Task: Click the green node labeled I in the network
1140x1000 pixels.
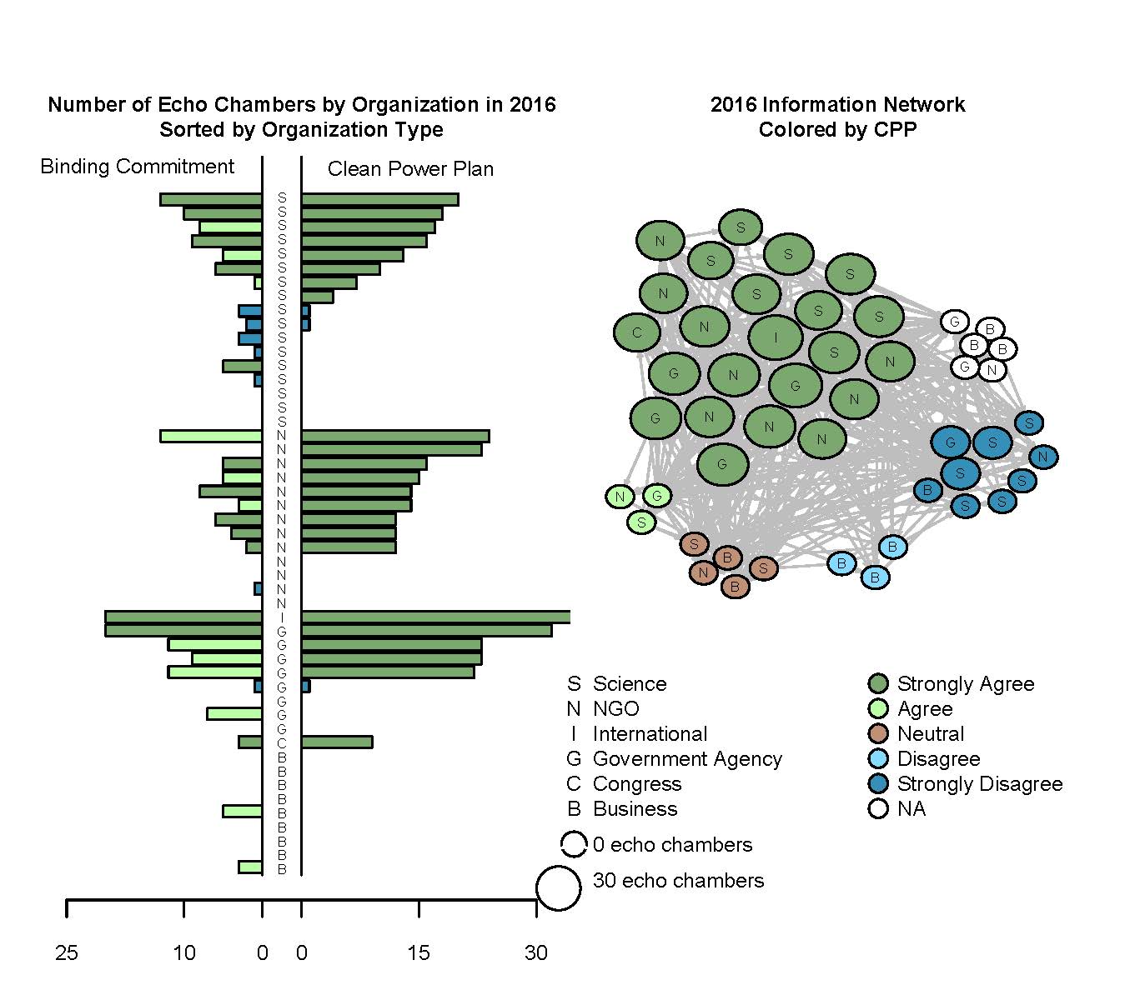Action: (776, 337)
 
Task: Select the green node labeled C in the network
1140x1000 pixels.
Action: (637, 332)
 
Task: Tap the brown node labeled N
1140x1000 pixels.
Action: (704, 572)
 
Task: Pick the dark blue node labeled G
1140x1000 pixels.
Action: (952, 442)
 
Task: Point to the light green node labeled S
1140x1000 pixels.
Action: (641, 522)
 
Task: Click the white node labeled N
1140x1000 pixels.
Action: (992, 369)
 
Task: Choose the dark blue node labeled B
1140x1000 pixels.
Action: (927, 490)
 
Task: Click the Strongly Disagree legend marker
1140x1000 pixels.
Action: (878, 784)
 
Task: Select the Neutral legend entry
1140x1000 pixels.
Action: (930, 734)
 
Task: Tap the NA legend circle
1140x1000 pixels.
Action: (878, 809)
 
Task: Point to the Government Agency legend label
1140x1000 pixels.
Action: (687, 759)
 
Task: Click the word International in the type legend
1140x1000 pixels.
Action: (650, 734)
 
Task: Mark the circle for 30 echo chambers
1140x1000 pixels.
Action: (558, 887)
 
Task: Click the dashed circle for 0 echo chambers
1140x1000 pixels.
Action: (574, 844)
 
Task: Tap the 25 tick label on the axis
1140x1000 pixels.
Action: (67, 952)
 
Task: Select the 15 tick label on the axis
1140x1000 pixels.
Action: (419, 952)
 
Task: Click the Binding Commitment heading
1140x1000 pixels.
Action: (138, 167)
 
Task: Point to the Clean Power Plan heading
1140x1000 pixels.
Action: (410, 169)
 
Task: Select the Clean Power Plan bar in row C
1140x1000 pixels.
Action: (337, 742)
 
